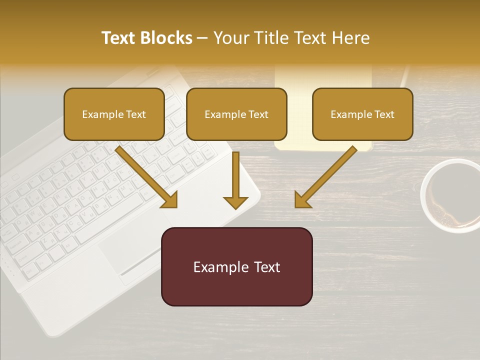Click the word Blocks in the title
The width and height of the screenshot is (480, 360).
coord(166,38)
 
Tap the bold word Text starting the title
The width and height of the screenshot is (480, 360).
coord(118,38)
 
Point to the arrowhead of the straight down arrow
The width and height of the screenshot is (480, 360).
coord(235,202)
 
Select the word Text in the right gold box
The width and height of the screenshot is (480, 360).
coord(384,114)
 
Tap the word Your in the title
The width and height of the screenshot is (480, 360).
coord(230,38)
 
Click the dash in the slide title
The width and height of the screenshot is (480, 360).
coord(202,38)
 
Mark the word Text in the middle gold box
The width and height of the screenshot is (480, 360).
coord(258,114)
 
